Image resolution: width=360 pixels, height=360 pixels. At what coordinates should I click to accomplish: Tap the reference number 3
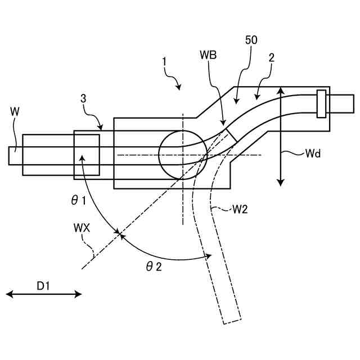83,98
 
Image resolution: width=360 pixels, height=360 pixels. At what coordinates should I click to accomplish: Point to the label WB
208,55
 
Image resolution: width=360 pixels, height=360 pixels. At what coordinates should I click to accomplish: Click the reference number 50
251,41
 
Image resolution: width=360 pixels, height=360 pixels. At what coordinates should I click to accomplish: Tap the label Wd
313,153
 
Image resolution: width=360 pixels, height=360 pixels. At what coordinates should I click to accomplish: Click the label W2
240,210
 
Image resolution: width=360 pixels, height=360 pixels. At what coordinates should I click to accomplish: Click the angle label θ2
154,267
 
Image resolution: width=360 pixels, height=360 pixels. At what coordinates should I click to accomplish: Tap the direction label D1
44,286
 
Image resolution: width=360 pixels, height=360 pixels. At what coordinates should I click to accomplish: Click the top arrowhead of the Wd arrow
281,89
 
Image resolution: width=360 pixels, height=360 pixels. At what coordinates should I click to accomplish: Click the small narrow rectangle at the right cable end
321,103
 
